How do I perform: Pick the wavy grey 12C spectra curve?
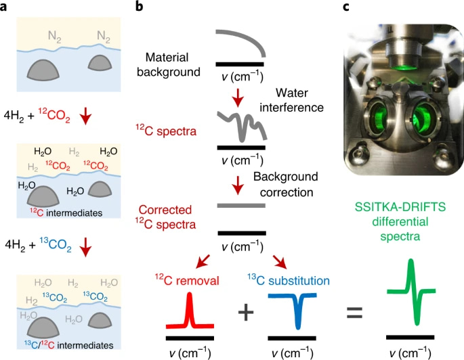pyautogui.click(x=240, y=125)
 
